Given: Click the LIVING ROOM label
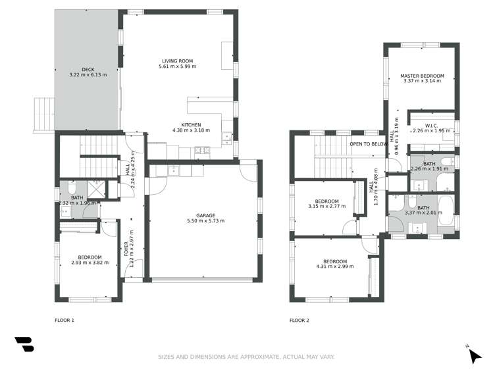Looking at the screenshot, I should [177, 60].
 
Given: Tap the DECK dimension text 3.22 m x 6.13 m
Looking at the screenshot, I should [88, 75].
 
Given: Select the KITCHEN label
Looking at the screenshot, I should [191, 124].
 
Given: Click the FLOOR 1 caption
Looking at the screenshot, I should [65, 321].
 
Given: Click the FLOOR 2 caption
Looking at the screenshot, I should [299, 321].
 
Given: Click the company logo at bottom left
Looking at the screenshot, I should [24, 345].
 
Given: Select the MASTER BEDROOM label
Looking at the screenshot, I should [422, 76].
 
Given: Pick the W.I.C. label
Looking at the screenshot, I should [431, 125].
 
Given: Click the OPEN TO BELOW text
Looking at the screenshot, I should [368, 144].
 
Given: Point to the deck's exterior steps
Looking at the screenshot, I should [43, 113].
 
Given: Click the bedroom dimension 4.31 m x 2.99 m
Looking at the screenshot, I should [334, 266].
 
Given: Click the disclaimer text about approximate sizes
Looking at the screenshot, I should [246, 357].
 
